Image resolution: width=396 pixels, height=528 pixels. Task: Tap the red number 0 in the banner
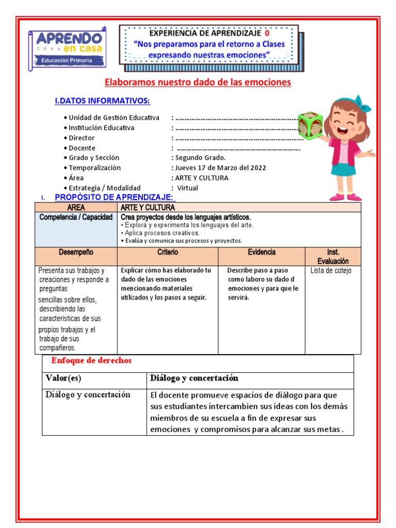click(267, 32)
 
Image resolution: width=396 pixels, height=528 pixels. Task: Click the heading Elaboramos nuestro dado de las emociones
click(198, 82)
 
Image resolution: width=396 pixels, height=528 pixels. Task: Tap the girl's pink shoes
click(345, 196)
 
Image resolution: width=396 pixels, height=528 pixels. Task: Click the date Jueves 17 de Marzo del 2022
click(220, 168)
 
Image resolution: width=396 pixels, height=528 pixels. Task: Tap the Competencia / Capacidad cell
click(76, 217)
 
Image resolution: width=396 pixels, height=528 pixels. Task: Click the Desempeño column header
click(76, 252)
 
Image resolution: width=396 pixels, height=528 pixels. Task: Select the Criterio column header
click(168, 252)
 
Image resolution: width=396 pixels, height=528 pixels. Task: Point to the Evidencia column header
click(261, 252)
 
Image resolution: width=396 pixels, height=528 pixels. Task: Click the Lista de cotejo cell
click(331, 271)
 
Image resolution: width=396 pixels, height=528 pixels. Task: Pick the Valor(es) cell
click(63, 378)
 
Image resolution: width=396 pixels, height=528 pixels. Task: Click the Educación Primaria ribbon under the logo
click(67, 61)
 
